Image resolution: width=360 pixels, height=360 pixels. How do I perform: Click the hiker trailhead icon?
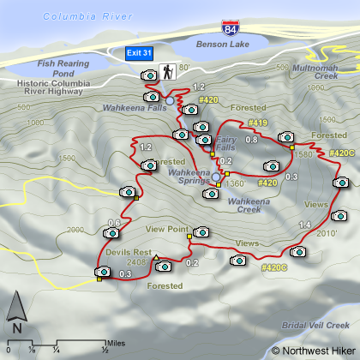click(x=168, y=73)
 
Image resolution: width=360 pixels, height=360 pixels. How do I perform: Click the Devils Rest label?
click(x=129, y=253)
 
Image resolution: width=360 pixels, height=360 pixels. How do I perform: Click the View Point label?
click(x=166, y=229)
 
